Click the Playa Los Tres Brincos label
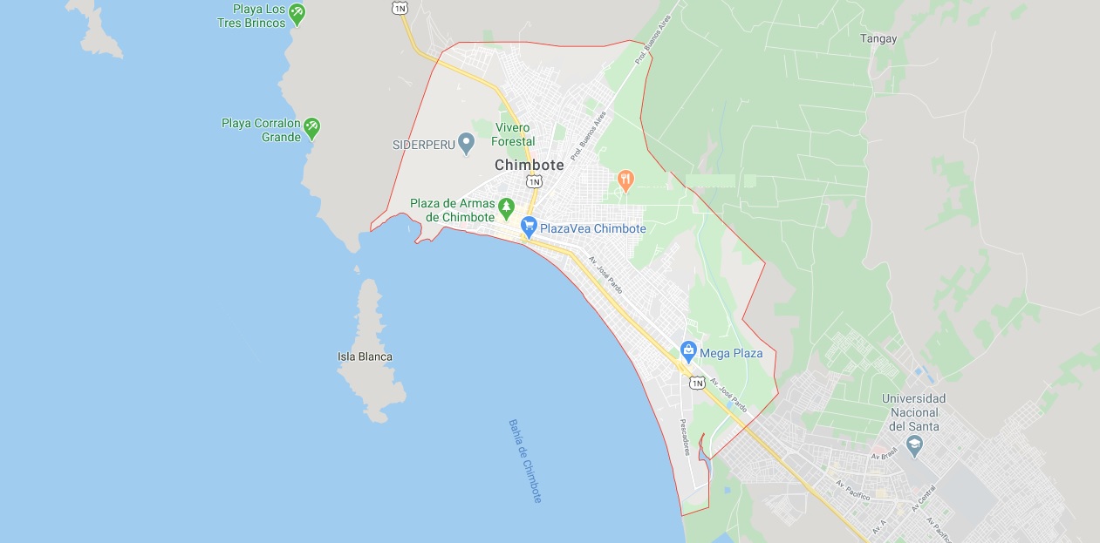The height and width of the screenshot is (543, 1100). [251, 17]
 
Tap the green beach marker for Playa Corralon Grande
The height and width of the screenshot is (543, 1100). [311, 129]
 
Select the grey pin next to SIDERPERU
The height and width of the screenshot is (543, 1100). [466, 143]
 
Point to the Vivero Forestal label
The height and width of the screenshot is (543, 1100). [513, 134]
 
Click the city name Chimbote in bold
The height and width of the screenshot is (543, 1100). [529, 165]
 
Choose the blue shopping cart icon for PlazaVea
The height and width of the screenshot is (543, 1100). [529, 227]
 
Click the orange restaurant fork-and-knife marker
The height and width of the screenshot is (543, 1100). [625, 180]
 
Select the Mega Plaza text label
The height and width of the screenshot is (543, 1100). [732, 353]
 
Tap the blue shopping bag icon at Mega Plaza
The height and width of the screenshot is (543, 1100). [688, 352]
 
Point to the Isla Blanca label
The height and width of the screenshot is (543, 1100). [365, 356]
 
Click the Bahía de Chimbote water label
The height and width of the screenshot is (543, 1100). [526, 460]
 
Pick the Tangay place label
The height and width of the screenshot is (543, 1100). [878, 38]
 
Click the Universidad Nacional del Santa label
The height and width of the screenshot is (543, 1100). [913, 412]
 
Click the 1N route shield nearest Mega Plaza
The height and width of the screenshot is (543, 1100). [696, 383]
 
